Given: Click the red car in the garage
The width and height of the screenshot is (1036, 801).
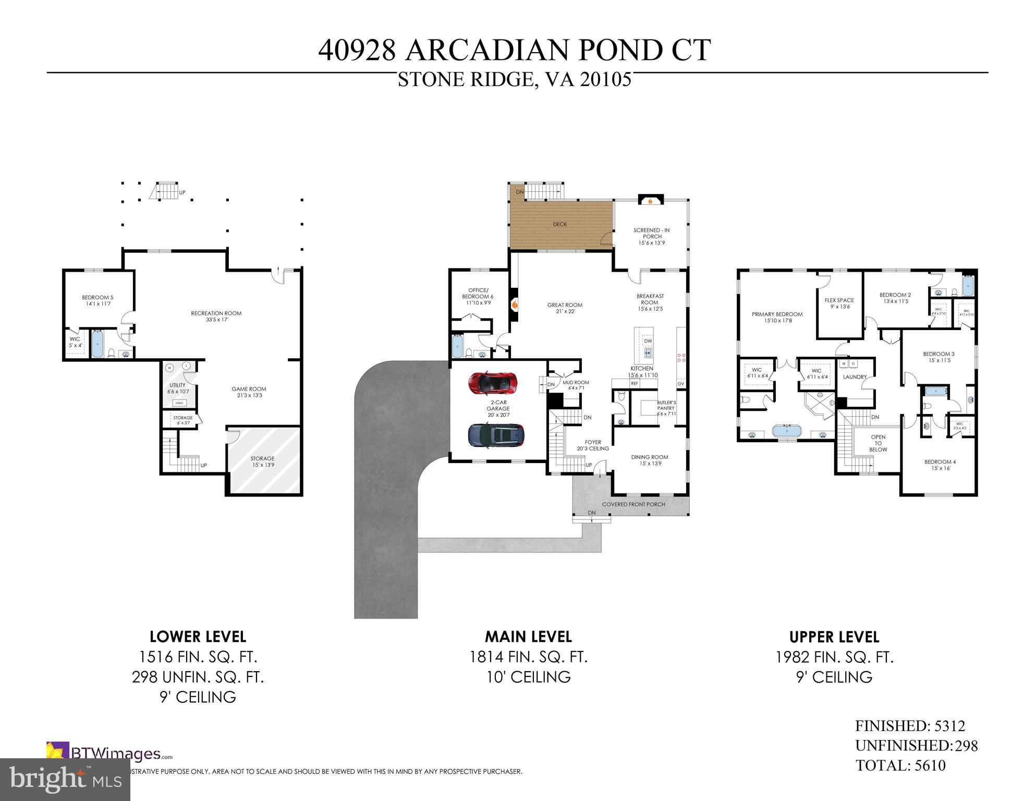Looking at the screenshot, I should (x=492, y=383).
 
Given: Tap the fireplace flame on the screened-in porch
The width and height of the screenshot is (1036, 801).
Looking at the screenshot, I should (x=650, y=201).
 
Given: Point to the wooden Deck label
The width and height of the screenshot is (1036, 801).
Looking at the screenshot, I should (x=559, y=224).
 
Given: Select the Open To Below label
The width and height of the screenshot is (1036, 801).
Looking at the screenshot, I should (x=878, y=443).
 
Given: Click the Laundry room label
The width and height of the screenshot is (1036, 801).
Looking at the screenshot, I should (x=855, y=377).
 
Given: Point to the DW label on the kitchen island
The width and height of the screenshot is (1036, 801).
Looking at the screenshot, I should (x=648, y=341).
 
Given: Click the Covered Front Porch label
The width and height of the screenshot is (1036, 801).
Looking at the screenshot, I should (x=633, y=504).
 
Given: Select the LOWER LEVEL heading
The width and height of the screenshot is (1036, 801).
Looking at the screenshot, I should (x=198, y=637).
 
